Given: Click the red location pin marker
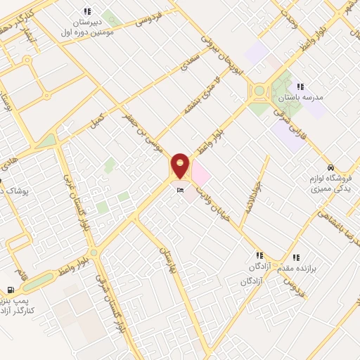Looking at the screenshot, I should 181,165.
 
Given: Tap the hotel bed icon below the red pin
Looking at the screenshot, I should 181,191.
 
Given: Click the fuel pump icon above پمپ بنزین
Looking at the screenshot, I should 10,290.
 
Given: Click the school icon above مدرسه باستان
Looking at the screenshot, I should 300,86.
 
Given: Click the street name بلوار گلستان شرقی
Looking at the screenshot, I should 112,295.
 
